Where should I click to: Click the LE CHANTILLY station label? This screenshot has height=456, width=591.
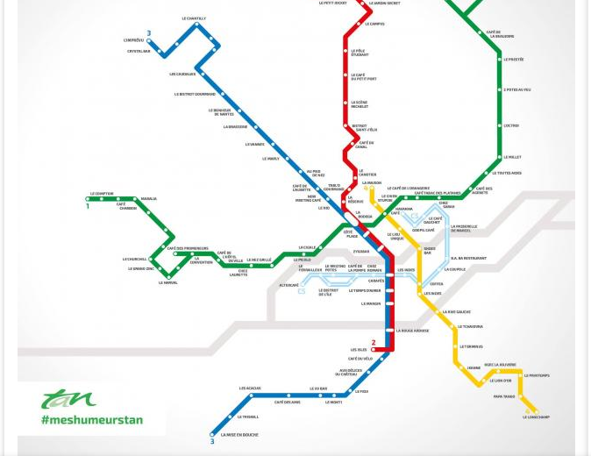tap(194, 18)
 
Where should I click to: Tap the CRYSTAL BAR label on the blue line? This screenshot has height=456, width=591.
tap(139, 51)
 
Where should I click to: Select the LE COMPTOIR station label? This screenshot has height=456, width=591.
tap(102, 194)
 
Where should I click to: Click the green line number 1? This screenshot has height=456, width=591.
tap(88, 206)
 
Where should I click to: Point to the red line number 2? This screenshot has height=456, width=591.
tap(374, 343)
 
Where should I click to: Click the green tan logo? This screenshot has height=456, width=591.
tap(68, 399)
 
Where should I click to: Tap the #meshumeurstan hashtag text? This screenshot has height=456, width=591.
tap(91, 419)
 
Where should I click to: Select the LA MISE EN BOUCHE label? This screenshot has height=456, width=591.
tap(239, 435)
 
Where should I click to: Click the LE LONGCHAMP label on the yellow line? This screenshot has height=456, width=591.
tap(537, 417)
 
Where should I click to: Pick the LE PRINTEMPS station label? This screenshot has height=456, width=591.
tap(537, 375)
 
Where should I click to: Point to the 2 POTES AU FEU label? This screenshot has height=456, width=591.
tap(516, 89)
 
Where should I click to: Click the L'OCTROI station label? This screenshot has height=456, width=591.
tap(511, 125)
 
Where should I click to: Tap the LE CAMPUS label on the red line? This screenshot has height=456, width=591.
tap(374, 24)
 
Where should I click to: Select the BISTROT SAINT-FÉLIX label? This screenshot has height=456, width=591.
tap(365, 128)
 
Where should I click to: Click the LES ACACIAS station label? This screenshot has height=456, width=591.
tap(250, 388)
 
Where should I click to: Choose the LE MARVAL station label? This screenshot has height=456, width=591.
tap(168, 282)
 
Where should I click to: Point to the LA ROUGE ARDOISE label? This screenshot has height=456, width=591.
tap(412, 331)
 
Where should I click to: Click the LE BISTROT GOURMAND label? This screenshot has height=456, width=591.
tap(195, 94)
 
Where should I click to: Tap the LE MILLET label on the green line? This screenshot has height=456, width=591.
tap(513, 158)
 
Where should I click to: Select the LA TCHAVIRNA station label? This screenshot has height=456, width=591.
tap(472, 326)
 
